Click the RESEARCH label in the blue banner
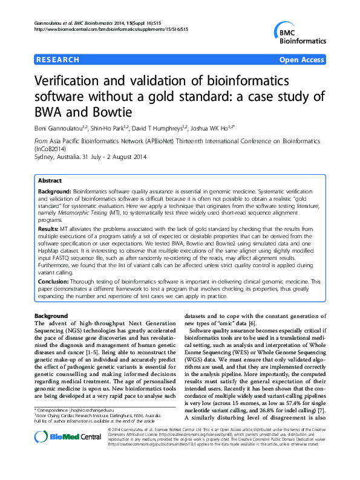coord(58,60)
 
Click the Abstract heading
coord(50,181)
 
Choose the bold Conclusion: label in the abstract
coord(55,282)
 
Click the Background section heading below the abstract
coord(51,316)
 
